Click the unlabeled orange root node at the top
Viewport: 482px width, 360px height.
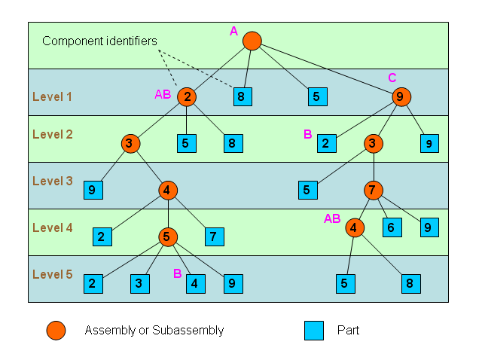tap(252, 41)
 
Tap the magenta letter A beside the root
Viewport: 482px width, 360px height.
tap(233, 31)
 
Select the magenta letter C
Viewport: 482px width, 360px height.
tap(392, 78)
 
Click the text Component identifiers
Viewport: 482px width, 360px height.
tap(99, 41)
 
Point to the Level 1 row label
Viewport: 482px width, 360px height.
tap(52, 96)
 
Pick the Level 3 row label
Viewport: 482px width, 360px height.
tap(52, 181)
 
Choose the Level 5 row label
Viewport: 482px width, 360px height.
tap(52, 274)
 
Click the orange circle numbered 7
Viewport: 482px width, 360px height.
tap(374, 190)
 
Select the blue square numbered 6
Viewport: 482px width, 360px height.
tap(392, 227)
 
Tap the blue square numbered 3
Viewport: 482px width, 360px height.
tap(139, 284)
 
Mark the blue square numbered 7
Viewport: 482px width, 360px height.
tap(214, 237)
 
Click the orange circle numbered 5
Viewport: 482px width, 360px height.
tap(167, 237)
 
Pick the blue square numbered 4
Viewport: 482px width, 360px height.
tap(195, 284)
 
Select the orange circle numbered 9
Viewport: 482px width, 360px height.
tap(401, 96)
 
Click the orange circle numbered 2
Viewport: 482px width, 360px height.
tap(187, 96)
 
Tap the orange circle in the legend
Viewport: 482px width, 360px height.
tap(56, 330)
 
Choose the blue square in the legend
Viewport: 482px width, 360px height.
tap(314, 330)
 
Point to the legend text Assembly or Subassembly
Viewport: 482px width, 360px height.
tap(154, 330)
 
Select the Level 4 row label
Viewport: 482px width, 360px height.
tap(52, 227)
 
